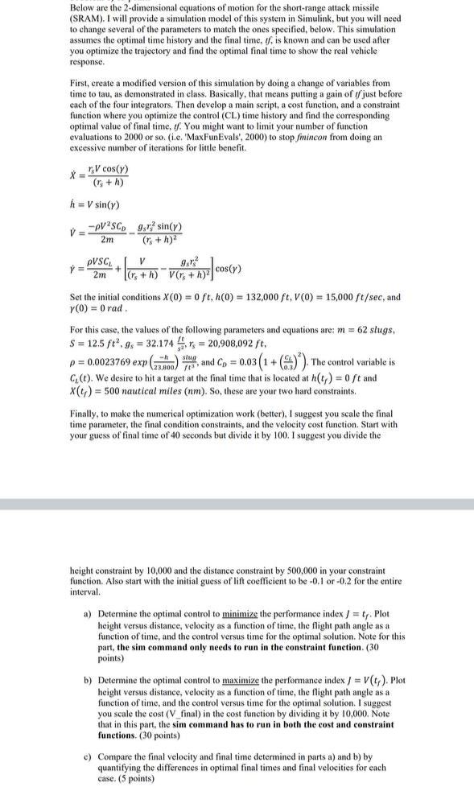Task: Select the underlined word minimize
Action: click(x=222, y=614)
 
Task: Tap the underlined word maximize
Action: click(x=224, y=680)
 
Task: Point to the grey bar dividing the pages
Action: click(x=237, y=505)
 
